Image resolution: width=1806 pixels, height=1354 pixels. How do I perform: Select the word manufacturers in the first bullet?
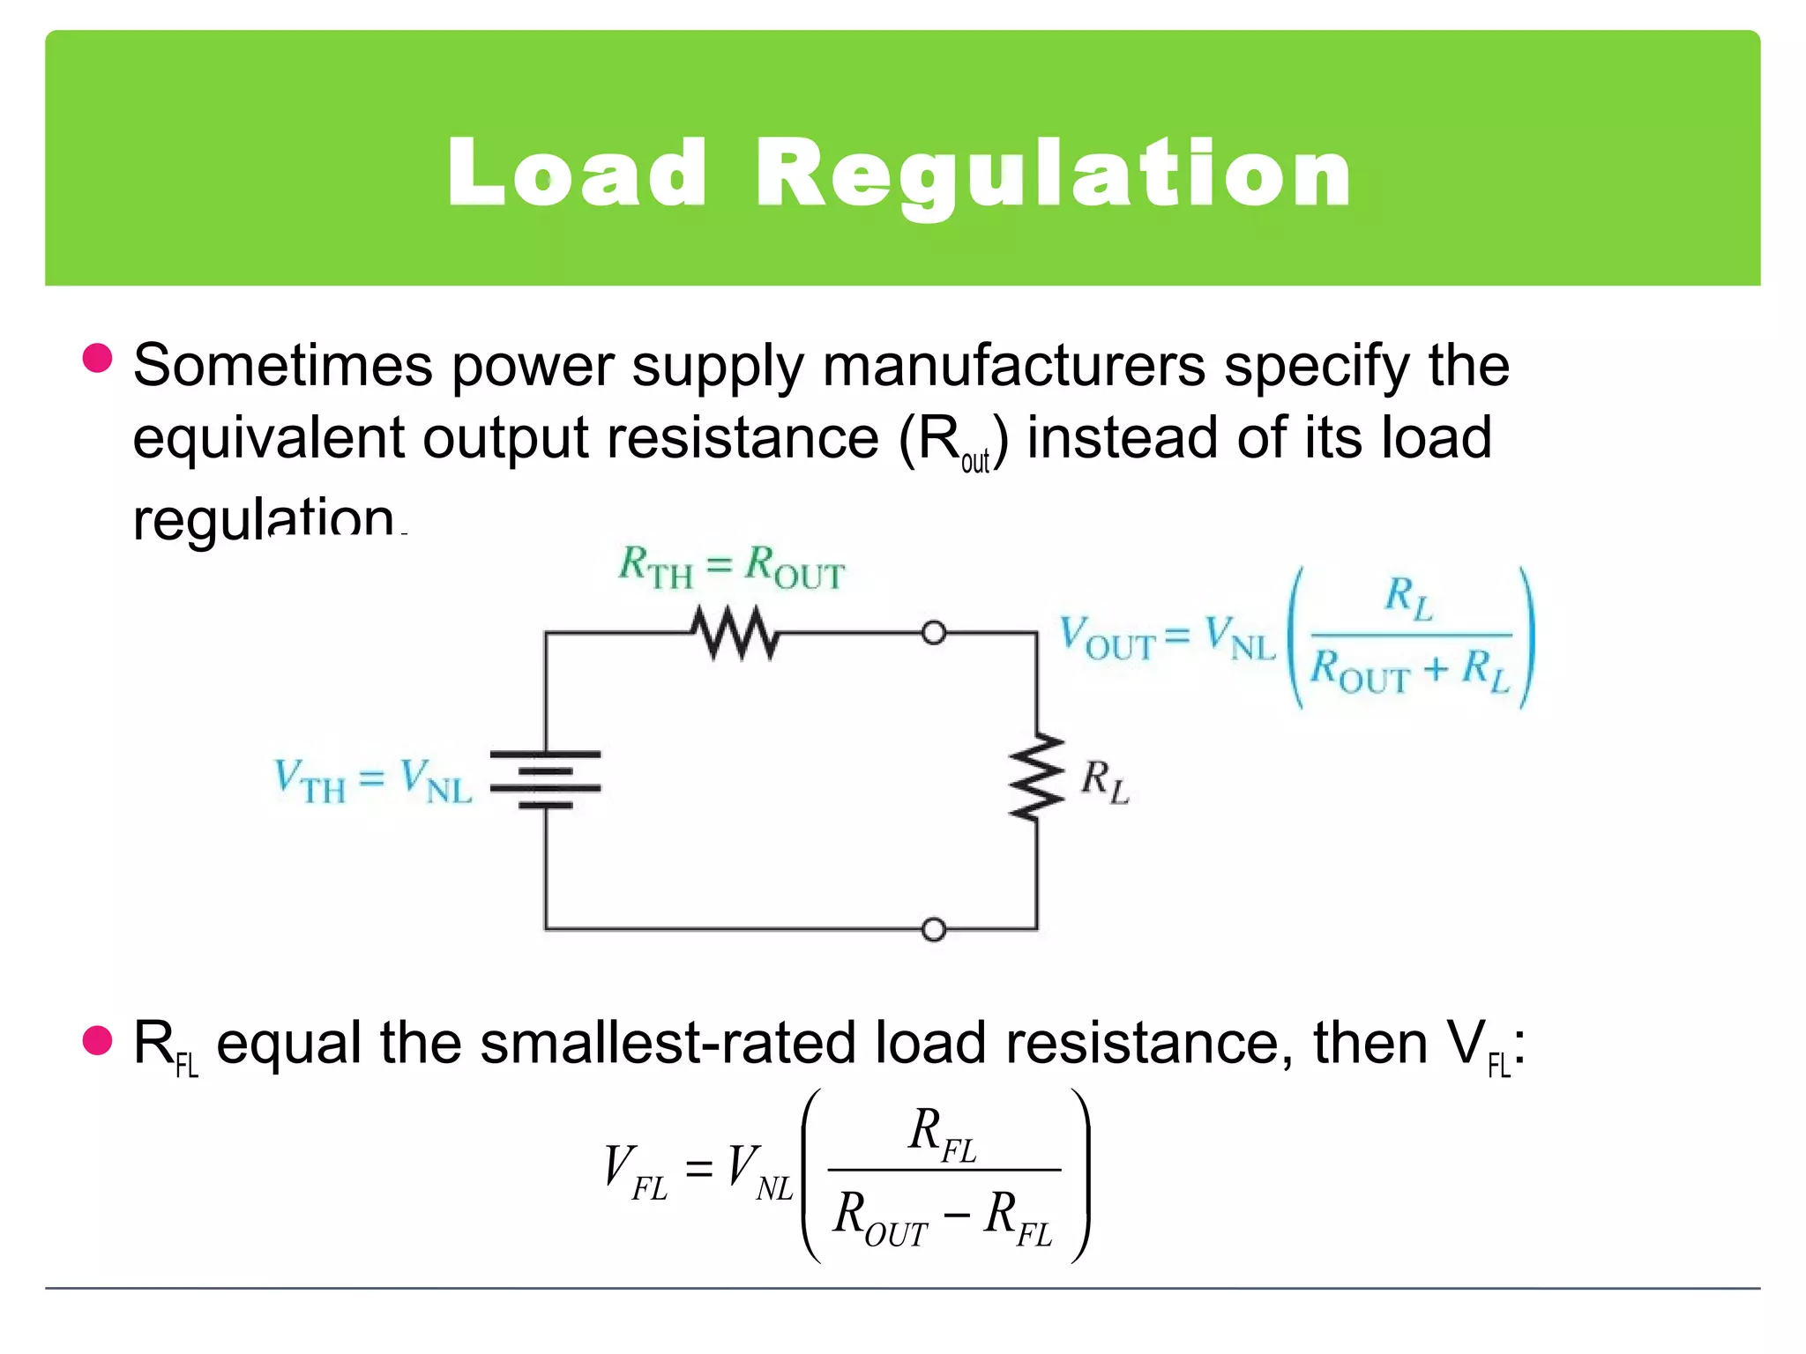(1013, 365)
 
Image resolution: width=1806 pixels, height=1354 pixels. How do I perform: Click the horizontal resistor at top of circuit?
(735, 633)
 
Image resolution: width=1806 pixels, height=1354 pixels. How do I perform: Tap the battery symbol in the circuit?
(546, 780)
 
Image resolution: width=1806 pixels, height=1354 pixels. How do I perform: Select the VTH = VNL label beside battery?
(372, 781)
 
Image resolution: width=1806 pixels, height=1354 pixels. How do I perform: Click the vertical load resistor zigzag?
(1036, 777)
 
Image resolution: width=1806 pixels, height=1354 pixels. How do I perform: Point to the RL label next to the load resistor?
(1104, 782)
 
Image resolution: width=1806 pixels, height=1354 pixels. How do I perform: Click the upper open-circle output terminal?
(934, 633)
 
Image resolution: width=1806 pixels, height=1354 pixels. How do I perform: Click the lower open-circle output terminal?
(934, 930)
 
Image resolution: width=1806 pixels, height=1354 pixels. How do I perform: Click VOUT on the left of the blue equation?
(1106, 638)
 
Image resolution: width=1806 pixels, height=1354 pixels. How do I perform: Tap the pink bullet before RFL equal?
(97, 1040)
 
